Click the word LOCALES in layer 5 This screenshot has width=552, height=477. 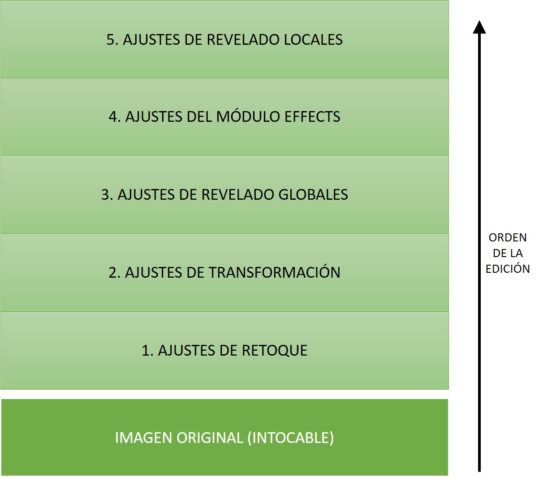click(x=313, y=39)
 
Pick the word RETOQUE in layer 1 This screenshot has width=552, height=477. click(x=275, y=350)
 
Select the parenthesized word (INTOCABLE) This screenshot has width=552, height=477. click(x=290, y=438)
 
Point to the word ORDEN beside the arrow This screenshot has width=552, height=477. click(x=508, y=238)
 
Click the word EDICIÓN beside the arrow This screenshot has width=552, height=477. click(x=508, y=269)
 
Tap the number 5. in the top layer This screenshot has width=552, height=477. click(x=112, y=39)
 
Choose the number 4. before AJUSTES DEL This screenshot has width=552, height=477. click(x=114, y=117)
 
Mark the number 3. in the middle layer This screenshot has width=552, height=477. click(x=107, y=194)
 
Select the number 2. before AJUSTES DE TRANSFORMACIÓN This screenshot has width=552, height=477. click(x=114, y=272)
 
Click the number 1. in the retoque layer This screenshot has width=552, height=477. click(x=147, y=350)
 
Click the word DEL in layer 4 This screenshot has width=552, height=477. click(x=199, y=117)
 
